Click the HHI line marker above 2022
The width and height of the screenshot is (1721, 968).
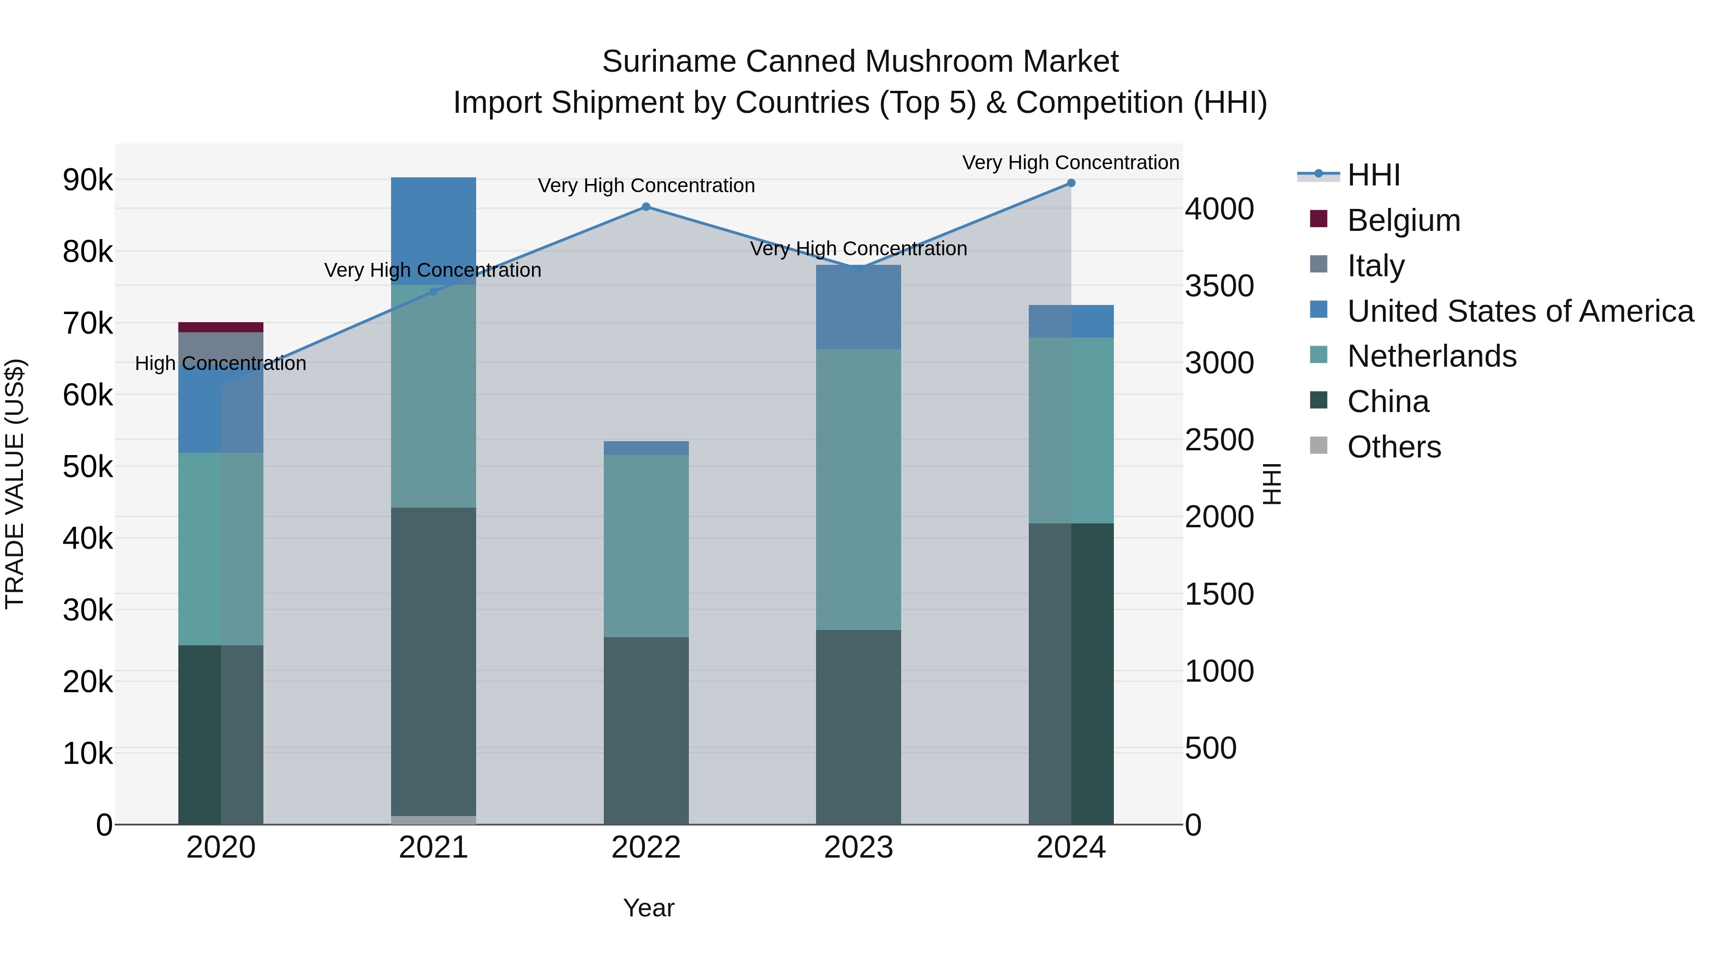click(646, 207)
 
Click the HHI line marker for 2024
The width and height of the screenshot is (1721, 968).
click(1071, 183)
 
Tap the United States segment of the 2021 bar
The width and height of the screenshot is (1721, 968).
click(433, 230)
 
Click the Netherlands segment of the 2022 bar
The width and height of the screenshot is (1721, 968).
click(646, 546)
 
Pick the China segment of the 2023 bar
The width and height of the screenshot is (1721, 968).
click(859, 727)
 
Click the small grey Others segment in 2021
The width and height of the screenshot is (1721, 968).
click(433, 820)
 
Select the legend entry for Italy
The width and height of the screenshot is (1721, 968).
click(1375, 265)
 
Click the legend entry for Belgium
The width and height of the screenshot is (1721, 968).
click(1403, 220)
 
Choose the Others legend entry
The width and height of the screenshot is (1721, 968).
click(1394, 447)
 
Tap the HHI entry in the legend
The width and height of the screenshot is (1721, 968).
click(1373, 175)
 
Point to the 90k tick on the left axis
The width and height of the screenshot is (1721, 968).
click(87, 180)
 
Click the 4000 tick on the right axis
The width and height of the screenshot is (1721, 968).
click(1219, 209)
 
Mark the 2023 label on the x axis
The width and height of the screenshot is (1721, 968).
click(859, 848)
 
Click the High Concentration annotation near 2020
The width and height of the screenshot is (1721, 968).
click(220, 363)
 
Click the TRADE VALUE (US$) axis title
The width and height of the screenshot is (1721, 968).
click(15, 484)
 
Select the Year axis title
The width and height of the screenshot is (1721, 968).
click(648, 908)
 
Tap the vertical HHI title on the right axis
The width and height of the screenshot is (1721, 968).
click(1272, 484)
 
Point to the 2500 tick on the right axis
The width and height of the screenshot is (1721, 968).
click(1219, 440)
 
